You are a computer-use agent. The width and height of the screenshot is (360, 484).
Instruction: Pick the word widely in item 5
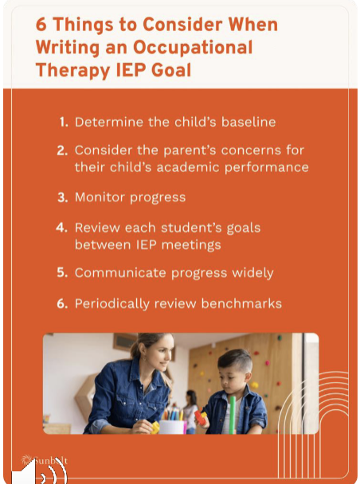252,273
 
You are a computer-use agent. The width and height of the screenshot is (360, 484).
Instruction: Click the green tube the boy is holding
232,414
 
